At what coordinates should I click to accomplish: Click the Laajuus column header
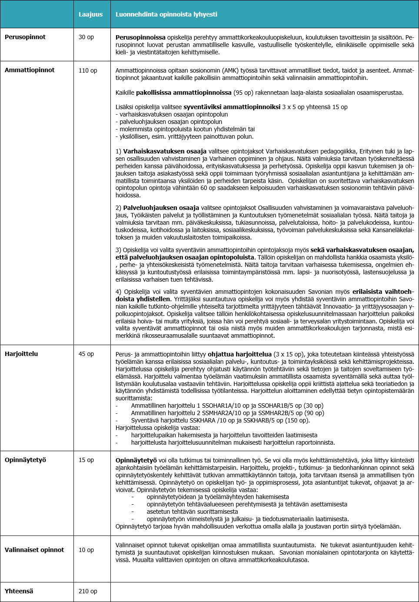click(x=90, y=14)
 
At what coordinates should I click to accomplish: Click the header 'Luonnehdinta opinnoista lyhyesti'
click(x=166, y=14)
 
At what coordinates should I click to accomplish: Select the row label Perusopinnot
click(x=25, y=37)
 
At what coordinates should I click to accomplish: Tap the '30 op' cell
click(x=86, y=37)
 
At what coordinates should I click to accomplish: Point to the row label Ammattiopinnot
click(x=30, y=70)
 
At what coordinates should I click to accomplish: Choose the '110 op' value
click(x=88, y=70)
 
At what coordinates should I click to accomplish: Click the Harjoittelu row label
click(x=21, y=354)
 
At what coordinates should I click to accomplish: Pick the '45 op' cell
click(x=86, y=354)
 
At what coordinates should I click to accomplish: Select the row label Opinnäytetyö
click(x=25, y=460)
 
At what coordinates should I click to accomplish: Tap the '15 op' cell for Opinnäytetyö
click(x=86, y=460)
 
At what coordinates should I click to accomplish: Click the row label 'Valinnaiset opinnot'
click(x=34, y=550)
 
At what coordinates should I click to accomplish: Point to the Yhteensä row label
click(x=19, y=591)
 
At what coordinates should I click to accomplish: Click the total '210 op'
click(x=88, y=591)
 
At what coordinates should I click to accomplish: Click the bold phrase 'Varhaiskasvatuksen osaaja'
click(x=165, y=151)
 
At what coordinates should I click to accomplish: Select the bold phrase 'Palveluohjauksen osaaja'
click(x=161, y=208)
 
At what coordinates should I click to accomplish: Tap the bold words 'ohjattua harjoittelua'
click(x=239, y=354)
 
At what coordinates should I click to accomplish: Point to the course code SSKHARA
click(x=203, y=420)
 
